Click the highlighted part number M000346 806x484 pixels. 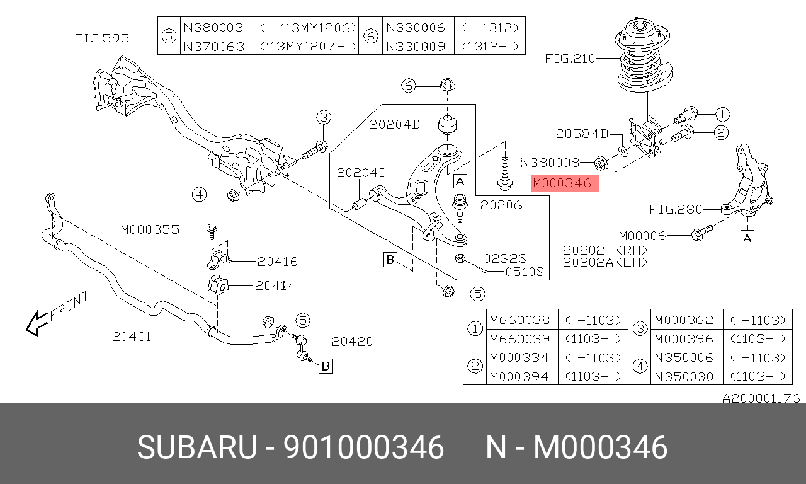pos(562,183)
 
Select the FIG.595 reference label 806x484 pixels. pos(101,38)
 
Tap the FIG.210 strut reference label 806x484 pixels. pos(570,59)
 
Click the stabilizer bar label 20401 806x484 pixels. pos(132,337)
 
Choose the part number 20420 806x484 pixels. pos(352,342)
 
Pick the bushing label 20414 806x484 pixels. pos(275,285)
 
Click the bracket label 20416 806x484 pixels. pos(277,262)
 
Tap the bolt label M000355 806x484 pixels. pos(150,230)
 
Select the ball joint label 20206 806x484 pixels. pos(501,204)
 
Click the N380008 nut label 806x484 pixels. pos(549,163)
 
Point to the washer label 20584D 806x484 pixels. pos(582,134)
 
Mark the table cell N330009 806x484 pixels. pos(415,46)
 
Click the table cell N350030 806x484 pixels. pos(683,376)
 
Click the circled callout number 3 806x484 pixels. pos(323,117)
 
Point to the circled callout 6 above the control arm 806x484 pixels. pos(409,85)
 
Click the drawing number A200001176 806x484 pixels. pos(760,398)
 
